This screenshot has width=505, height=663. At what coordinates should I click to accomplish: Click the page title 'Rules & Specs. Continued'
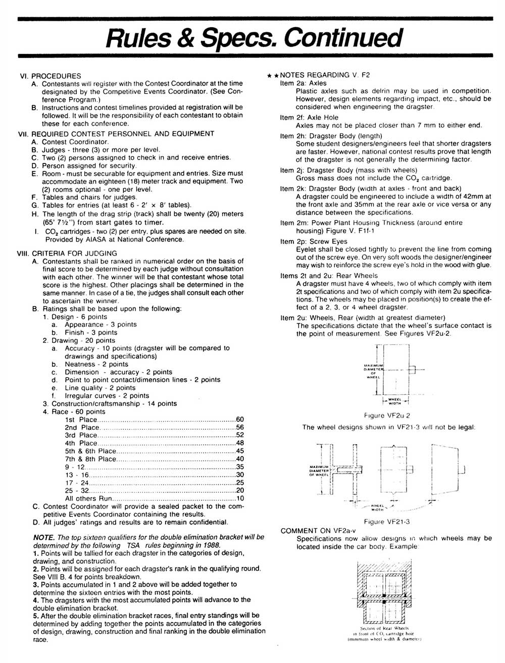point(252,37)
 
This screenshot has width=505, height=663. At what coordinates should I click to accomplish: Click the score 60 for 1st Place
point(240,420)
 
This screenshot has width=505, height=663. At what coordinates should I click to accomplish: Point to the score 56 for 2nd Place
point(240,427)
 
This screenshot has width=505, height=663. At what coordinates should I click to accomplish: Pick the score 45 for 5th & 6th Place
point(240,451)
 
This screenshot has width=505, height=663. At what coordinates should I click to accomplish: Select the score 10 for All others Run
point(240,498)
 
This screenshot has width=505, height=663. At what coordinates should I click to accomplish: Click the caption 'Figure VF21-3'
point(387,522)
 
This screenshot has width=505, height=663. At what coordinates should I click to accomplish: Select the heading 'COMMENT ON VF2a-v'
point(318,531)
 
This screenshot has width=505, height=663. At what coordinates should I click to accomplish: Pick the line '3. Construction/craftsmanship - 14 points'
point(110,403)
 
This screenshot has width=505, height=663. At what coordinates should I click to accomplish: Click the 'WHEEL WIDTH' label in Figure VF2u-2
point(395,401)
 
